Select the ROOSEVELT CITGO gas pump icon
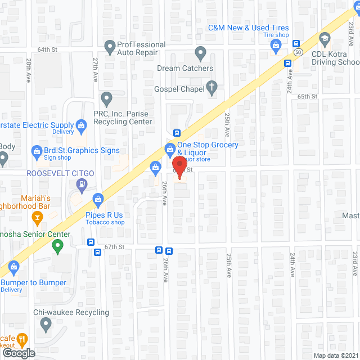point(83,183)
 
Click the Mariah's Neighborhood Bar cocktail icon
point(38,217)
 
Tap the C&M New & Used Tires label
point(248,28)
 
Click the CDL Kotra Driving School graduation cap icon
point(325,38)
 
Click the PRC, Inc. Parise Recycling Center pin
point(106,100)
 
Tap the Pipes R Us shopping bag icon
point(98,199)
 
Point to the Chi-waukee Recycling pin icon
point(46,323)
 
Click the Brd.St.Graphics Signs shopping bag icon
point(37,151)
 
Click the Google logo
point(18,353)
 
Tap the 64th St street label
point(48,49)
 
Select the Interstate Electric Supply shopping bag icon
point(82,125)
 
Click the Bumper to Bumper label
point(33,282)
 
